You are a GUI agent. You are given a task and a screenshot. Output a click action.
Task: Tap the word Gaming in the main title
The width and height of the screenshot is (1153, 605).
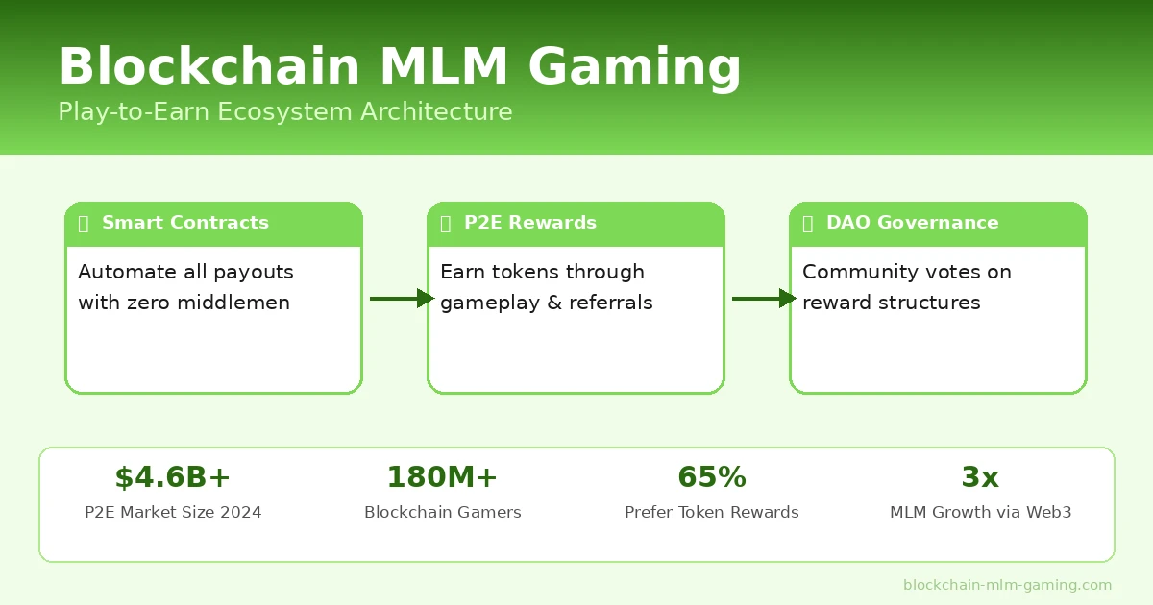tap(634, 67)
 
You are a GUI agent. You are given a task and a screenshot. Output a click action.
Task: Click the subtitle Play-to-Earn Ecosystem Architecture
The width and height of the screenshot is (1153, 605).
tap(284, 111)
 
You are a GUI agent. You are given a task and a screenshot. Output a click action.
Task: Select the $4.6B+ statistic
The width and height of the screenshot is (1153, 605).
tap(173, 477)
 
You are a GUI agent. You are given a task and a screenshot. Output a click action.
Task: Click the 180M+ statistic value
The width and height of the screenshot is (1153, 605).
tap(442, 477)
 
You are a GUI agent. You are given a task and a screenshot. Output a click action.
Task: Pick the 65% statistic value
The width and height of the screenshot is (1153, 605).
tap(712, 477)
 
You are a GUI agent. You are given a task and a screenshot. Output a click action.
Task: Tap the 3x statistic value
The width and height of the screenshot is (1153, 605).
tap(980, 477)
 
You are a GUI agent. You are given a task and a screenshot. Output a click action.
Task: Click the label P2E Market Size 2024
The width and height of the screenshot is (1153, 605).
tap(173, 513)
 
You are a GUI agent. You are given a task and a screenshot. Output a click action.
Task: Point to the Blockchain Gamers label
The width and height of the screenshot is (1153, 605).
tap(442, 513)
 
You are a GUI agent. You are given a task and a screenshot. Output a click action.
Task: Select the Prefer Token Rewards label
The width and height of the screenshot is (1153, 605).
tap(712, 513)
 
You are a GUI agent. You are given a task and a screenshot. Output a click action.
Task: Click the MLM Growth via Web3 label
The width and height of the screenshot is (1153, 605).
tap(980, 513)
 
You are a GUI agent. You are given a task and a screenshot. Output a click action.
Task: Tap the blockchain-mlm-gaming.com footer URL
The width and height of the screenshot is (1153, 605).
tap(1007, 585)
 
